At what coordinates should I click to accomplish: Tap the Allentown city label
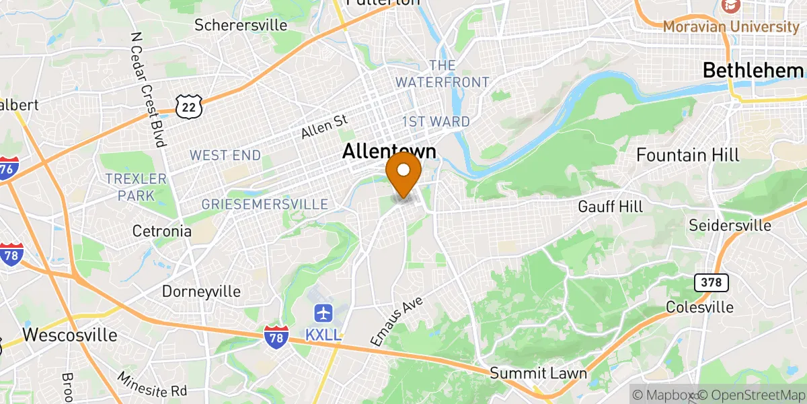pos(389,151)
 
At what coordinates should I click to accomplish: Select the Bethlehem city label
pos(753,70)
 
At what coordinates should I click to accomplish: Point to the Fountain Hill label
pos(688,155)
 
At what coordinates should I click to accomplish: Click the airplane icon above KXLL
pos(323,313)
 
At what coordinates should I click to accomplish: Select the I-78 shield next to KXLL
pos(276,335)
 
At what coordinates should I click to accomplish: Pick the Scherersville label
pos(241,26)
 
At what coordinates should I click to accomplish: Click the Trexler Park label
pos(135,187)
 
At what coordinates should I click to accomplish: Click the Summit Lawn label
pos(538,373)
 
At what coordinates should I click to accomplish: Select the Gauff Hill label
pos(610,206)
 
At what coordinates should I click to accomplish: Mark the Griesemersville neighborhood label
pos(265,204)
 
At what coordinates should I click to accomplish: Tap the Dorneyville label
pos(201,292)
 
